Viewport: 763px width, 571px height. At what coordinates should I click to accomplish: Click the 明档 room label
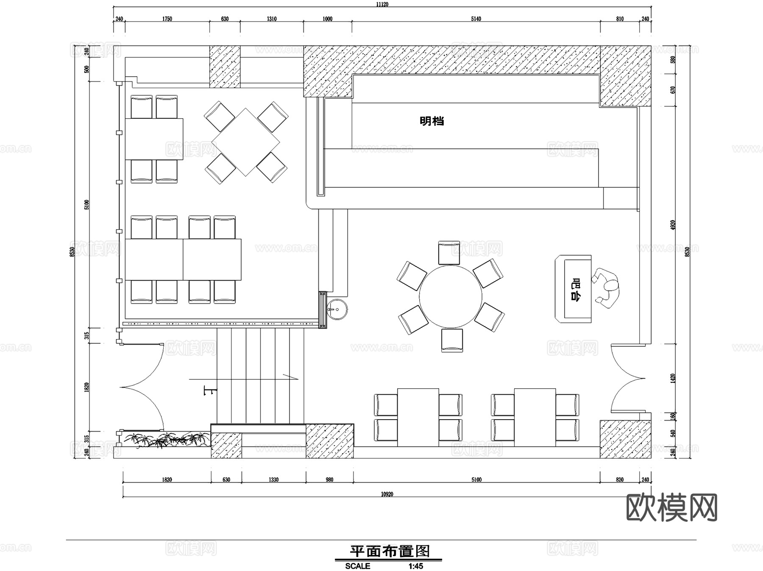click(432, 121)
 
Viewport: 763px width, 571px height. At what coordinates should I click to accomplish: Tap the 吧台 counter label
click(575, 289)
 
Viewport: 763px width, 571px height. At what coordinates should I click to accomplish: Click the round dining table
click(451, 296)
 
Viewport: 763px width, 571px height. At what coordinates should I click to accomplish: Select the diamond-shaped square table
click(245, 142)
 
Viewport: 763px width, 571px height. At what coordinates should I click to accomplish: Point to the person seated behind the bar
click(607, 288)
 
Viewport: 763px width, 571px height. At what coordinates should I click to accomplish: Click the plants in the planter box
click(170, 440)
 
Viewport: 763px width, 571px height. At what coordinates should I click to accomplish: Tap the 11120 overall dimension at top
click(382, 5)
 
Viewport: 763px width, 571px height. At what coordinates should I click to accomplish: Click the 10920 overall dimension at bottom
click(387, 494)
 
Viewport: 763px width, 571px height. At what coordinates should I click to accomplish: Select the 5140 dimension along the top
click(476, 19)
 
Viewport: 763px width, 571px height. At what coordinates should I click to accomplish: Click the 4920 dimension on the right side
click(673, 225)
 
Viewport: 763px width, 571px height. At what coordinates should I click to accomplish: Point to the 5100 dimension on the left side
click(87, 205)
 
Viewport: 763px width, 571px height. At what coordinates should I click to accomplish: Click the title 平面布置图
click(389, 551)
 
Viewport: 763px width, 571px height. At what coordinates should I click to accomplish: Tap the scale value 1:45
click(415, 566)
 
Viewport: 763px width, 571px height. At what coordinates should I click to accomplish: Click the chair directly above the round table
click(449, 253)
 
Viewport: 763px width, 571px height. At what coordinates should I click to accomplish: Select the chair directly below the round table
click(452, 340)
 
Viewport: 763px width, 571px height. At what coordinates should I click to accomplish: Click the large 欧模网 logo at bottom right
click(671, 507)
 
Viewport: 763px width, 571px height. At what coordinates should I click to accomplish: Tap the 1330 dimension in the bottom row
click(273, 479)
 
